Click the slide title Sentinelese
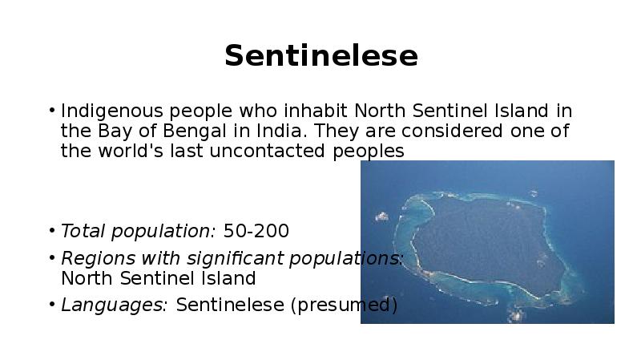click(320, 56)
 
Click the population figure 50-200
click(256, 232)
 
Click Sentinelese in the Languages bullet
click(230, 305)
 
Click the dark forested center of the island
click(481, 241)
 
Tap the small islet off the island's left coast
click(382, 216)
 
